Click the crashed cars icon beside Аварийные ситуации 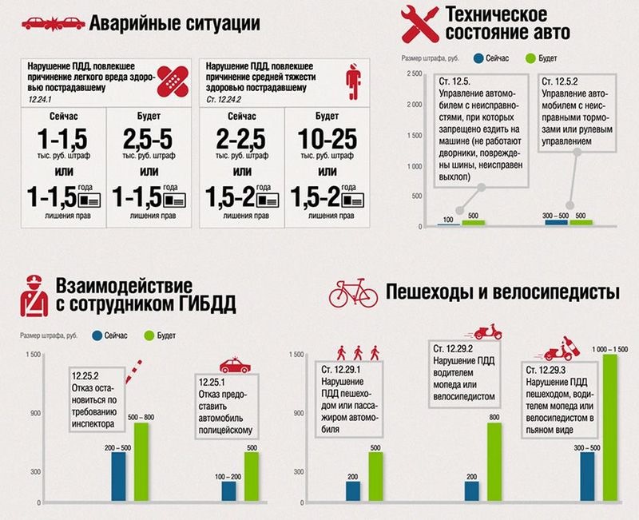tap(53, 24)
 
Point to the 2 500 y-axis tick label tap(413, 73)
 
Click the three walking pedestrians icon tap(353, 351)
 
